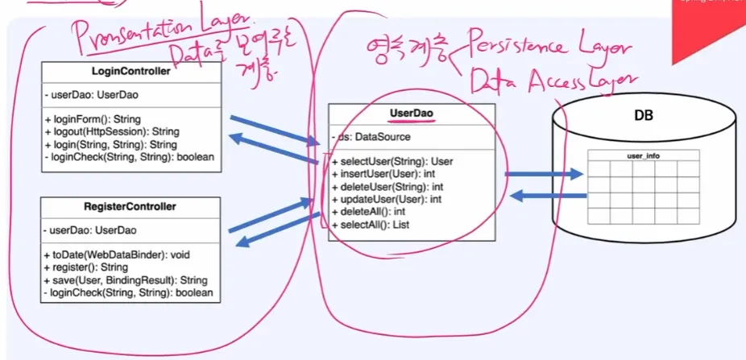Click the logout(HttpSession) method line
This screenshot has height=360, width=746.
tap(111, 131)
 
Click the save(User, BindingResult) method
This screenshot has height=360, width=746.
tap(127, 280)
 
